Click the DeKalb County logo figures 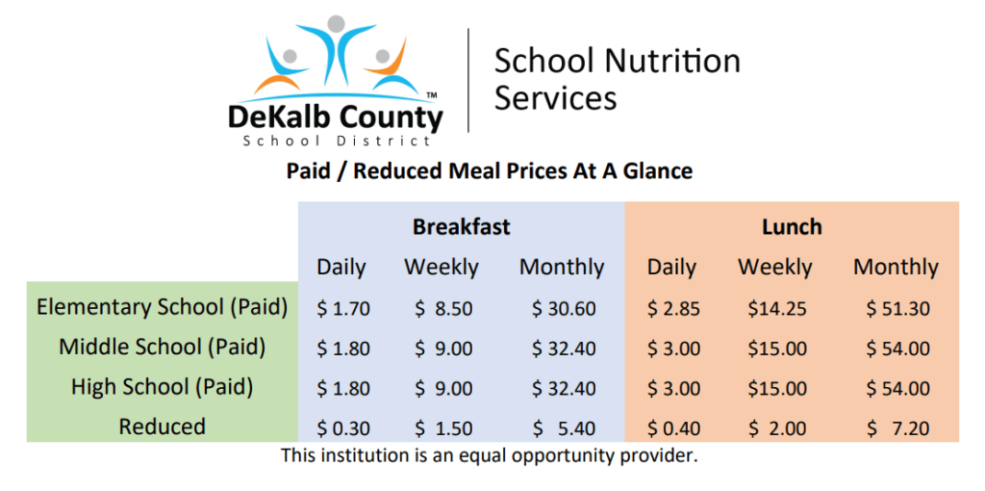336,59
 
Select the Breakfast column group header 461,227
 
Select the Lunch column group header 792,227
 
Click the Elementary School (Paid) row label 162,307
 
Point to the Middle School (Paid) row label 162,347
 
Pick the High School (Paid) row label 162,387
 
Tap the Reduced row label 162,426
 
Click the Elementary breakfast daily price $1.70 343,309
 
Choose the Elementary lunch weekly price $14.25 776,309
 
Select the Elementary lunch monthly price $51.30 897,309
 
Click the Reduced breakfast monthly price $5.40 564,428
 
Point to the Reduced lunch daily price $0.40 673,428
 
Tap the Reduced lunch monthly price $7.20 897,428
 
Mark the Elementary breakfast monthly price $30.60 564,309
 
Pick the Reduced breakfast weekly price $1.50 443,428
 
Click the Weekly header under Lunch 775,268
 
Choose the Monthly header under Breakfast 562,268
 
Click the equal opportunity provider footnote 490,455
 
